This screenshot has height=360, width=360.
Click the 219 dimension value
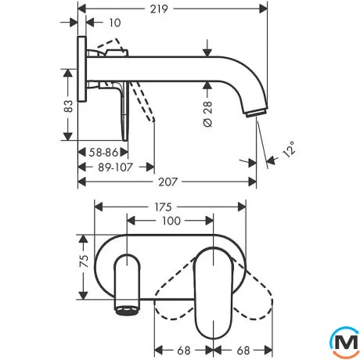159,9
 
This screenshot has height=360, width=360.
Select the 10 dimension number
115,23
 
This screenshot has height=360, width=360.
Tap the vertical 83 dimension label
69,106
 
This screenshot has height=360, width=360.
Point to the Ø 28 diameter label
207,114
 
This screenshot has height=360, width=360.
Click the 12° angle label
289,149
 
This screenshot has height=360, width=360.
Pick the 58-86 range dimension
103,153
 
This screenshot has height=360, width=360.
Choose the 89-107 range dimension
115,167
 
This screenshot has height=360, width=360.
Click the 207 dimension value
167,182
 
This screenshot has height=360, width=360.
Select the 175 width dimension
163,207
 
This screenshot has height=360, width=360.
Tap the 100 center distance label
171,221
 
